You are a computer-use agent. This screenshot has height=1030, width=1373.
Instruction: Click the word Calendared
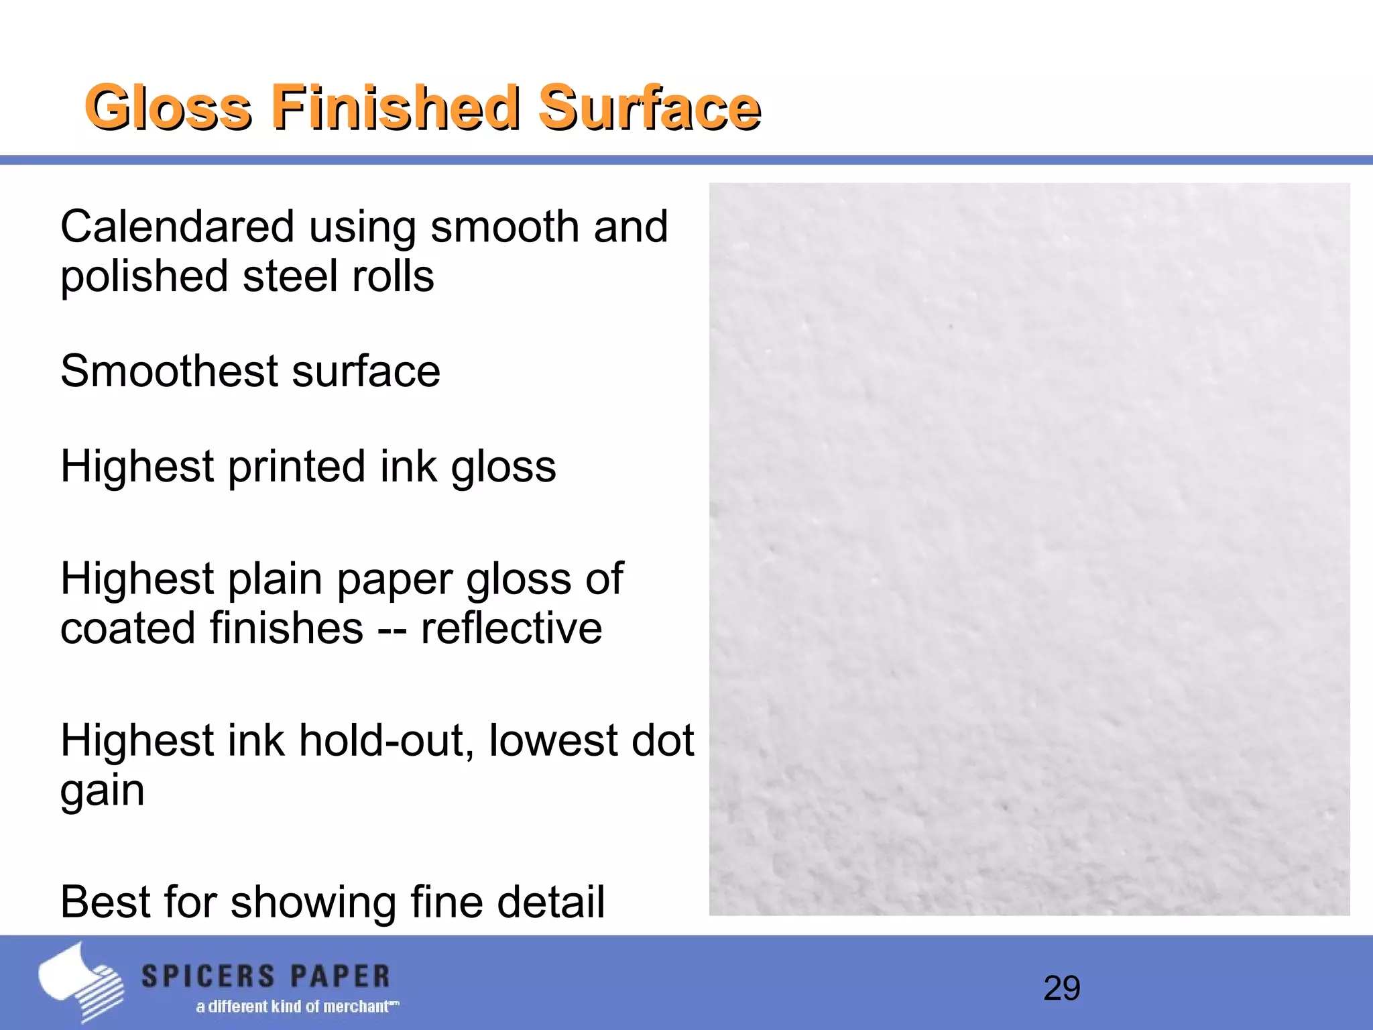click(x=178, y=227)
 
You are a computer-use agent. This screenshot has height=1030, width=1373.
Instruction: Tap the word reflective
click(x=512, y=628)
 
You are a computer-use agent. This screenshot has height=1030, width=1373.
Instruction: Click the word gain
click(x=103, y=791)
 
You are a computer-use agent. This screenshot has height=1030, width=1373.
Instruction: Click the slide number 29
click(x=1062, y=988)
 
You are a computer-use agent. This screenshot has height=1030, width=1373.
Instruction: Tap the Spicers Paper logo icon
click(x=80, y=982)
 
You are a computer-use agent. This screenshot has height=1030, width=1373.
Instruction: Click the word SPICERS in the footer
click(x=208, y=976)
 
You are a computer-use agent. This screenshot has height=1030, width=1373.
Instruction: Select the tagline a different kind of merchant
click(x=297, y=1007)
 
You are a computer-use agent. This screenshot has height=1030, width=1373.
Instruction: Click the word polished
click(x=145, y=276)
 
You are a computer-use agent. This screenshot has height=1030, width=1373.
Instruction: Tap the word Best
click(x=105, y=902)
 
